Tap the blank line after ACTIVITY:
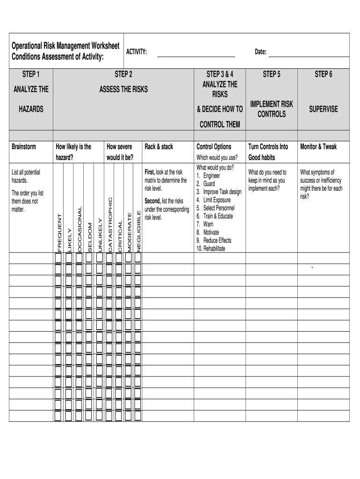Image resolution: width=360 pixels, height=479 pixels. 196,56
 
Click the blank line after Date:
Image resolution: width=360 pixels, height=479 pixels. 310,56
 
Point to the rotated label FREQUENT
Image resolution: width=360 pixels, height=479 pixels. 59,232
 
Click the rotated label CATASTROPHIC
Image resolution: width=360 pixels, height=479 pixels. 110,225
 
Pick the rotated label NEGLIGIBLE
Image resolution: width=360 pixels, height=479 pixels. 138,231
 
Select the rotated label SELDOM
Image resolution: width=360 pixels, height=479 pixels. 90,237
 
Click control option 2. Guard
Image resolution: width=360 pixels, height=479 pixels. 206,184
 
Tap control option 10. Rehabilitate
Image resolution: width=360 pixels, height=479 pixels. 211,248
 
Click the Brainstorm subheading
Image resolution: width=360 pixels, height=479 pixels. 24,147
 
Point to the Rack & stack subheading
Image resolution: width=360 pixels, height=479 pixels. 159,147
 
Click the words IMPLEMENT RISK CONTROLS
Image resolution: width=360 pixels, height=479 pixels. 272,109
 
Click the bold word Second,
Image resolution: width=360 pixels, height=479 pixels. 152,201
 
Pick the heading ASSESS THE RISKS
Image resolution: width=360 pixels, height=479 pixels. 123,89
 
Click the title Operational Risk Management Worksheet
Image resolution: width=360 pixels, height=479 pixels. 66,46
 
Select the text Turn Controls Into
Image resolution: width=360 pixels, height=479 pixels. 268,147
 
